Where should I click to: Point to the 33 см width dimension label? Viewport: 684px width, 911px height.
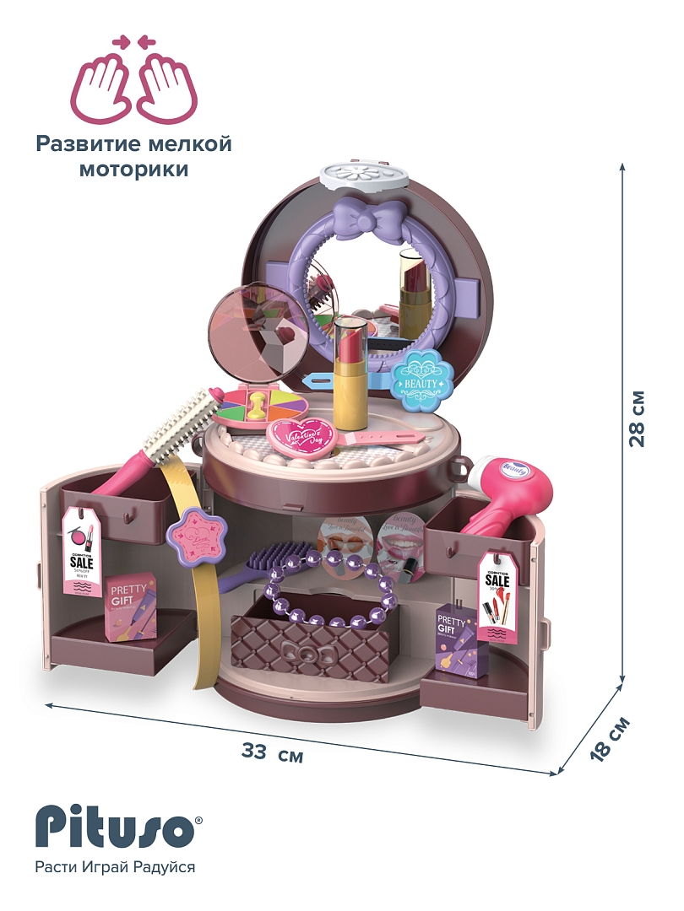pyautogui.click(x=272, y=753)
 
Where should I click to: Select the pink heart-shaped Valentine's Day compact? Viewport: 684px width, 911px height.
pyautogui.click(x=302, y=438)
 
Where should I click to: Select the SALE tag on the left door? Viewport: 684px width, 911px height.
pyautogui.click(x=82, y=553)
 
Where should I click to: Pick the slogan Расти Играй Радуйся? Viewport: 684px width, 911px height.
pyautogui.click(x=115, y=867)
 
